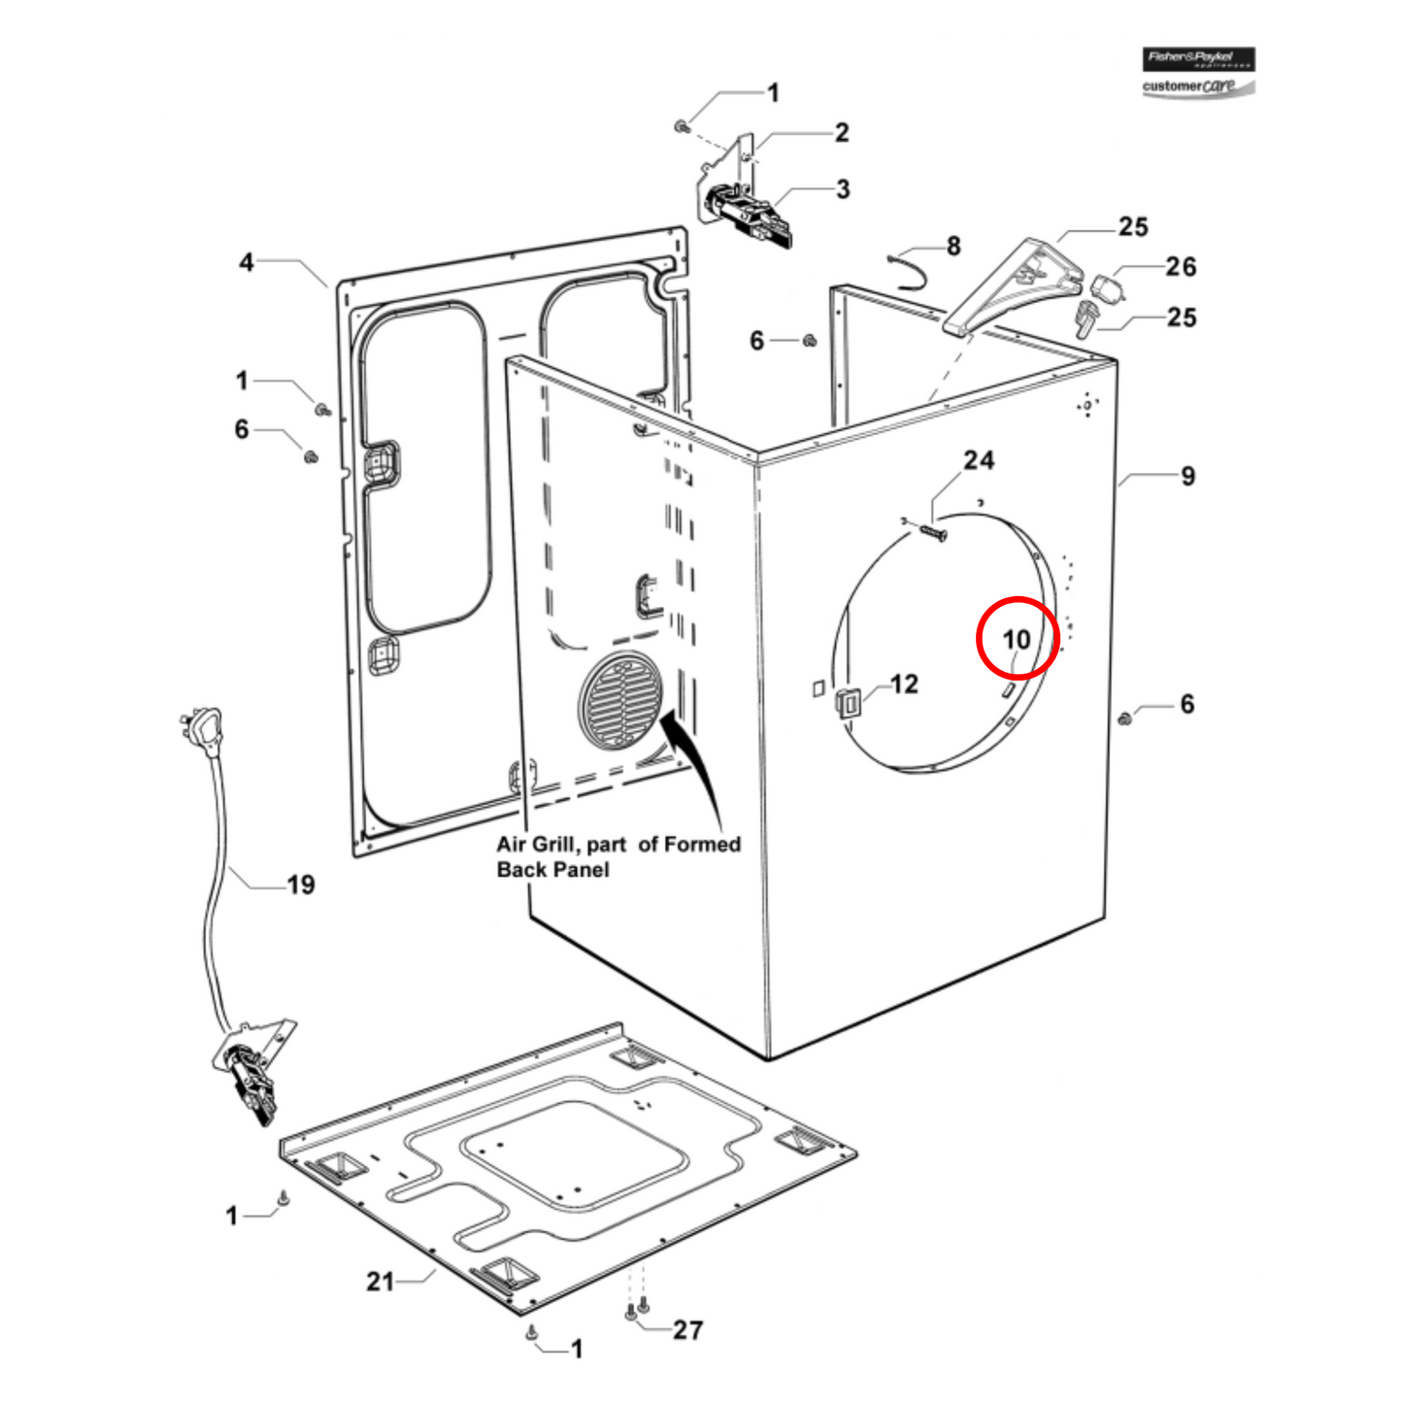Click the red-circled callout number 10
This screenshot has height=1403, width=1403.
click(1016, 639)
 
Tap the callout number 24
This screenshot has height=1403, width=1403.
click(978, 460)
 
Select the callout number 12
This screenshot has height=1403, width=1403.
click(904, 684)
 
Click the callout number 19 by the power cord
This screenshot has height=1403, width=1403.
click(300, 885)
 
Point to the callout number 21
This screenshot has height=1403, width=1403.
click(380, 1282)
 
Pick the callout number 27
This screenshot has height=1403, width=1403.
click(687, 1329)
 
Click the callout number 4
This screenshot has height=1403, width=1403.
click(247, 262)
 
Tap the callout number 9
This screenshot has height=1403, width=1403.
click(1187, 476)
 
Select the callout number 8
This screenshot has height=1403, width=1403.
click(953, 247)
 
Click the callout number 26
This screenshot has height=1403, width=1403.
click(1181, 266)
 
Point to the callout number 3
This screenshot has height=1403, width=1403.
click(843, 188)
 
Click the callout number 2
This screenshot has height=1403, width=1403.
click(842, 132)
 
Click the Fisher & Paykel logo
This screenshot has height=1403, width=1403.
click(1198, 59)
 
